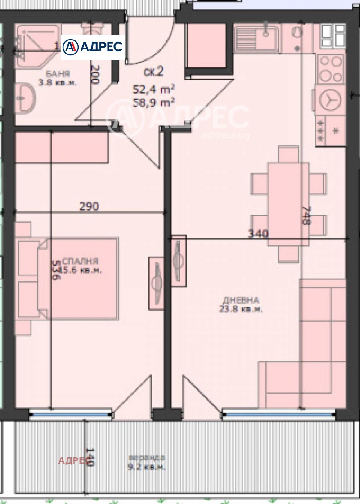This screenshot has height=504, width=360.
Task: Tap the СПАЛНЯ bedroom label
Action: [x=81, y=261]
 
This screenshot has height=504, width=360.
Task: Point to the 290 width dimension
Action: [x=89, y=207]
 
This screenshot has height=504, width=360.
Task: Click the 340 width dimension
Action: [x=258, y=234]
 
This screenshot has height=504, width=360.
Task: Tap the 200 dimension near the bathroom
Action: [x=94, y=75]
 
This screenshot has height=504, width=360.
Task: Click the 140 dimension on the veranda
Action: [x=90, y=456]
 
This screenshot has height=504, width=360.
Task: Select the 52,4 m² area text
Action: [x=153, y=89]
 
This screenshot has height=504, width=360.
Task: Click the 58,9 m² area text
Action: [x=153, y=103]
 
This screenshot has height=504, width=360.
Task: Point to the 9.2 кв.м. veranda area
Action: [x=146, y=467]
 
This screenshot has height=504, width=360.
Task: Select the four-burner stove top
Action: [x=331, y=68]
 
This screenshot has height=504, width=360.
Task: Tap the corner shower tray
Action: [x=36, y=45]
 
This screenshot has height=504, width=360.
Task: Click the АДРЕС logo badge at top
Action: [x=92, y=47]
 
